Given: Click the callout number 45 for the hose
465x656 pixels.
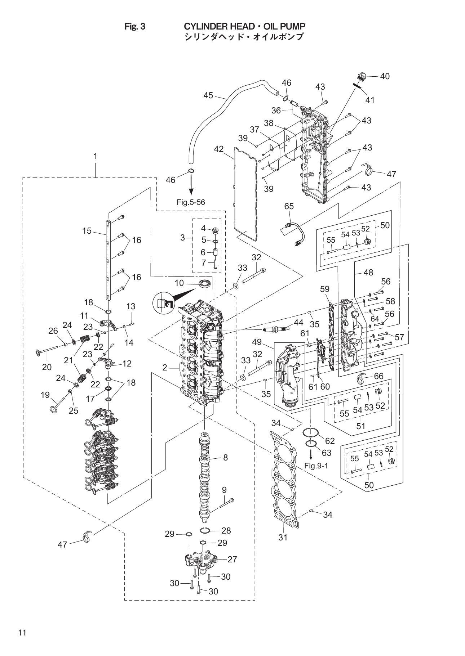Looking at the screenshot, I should (x=208, y=95).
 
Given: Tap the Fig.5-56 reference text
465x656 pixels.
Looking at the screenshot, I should (x=191, y=202).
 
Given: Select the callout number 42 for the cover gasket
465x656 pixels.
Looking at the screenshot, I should (x=218, y=149).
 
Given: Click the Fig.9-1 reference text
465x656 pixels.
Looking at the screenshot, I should (x=316, y=466).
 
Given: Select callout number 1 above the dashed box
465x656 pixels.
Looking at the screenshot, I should (x=95, y=156).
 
